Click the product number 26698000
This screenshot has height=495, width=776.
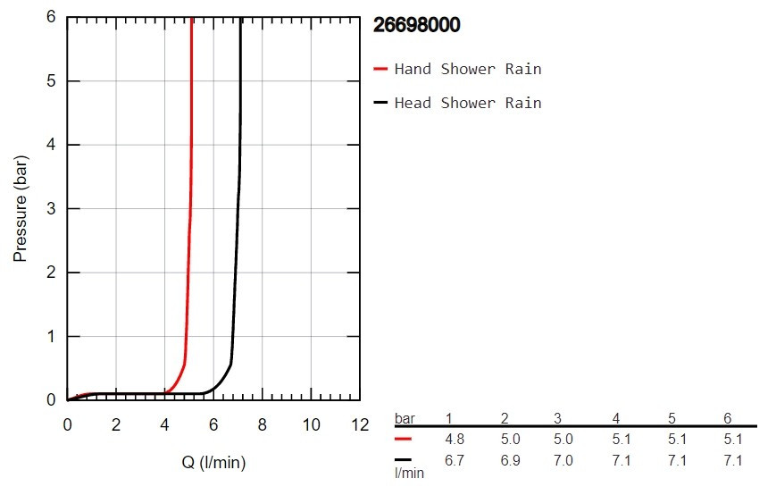tap(416, 25)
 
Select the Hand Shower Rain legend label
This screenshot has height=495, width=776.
tap(467, 69)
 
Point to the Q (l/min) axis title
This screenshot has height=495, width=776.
tap(213, 462)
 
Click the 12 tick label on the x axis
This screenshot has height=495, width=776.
tap(359, 424)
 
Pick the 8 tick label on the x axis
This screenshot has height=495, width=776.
tap(262, 424)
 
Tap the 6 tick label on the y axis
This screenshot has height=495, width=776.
tap(51, 18)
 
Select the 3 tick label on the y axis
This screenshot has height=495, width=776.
tap(51, 209)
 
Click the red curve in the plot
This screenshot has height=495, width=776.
tap(189, 223)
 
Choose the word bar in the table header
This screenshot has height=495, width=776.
tap(405, 418)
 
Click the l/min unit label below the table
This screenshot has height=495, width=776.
tap(409, 474)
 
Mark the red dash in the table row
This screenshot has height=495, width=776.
tap(404, 440)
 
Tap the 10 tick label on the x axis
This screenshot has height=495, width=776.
tap(311, 424)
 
